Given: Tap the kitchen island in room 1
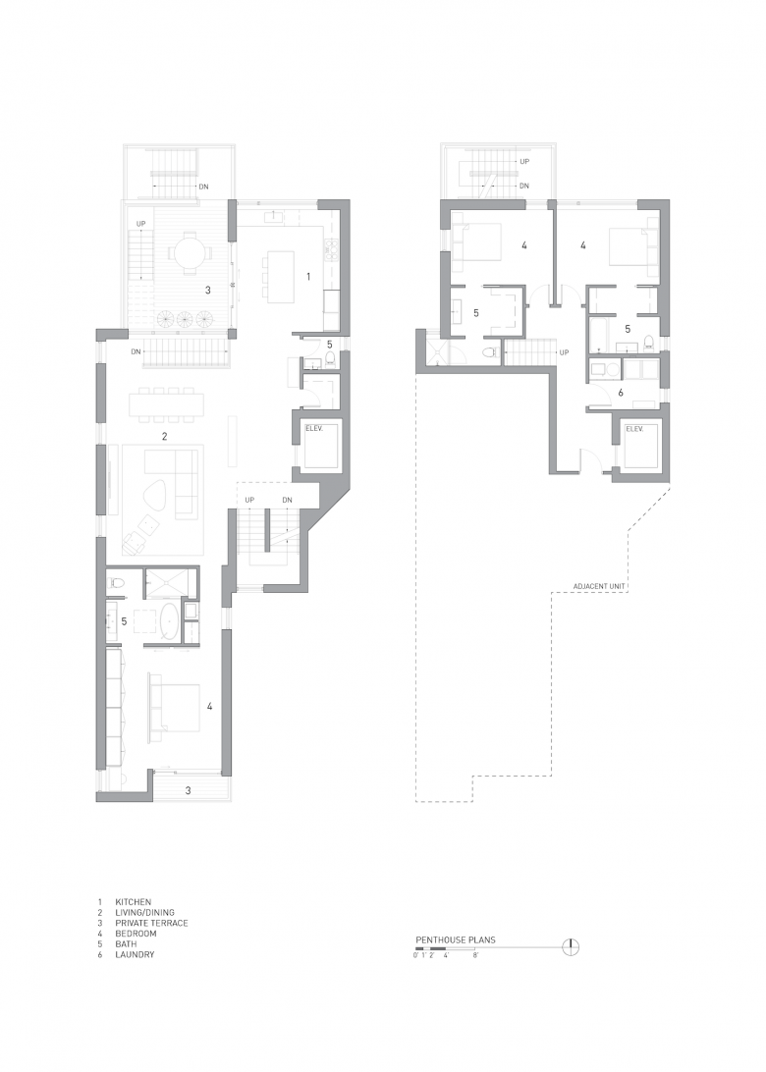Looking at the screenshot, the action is (280, 276).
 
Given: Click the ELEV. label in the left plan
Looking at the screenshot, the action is (314, 429).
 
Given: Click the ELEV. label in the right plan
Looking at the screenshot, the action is (634, 429).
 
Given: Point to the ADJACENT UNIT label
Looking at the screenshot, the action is (600, 587).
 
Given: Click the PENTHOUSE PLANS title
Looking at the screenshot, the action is (456, 940).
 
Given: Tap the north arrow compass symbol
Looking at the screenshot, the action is (571, 947).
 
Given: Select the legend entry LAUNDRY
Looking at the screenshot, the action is (135, 954).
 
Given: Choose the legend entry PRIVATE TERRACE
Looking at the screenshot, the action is (151, 923).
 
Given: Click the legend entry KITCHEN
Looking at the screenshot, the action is (133, 902).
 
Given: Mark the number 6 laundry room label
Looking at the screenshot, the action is (621, 393).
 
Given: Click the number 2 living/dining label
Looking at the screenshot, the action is (165, 436).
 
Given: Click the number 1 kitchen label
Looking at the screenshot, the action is (308, 277).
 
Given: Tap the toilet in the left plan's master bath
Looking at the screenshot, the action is (116, 583).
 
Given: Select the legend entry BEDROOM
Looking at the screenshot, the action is (136, 934).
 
